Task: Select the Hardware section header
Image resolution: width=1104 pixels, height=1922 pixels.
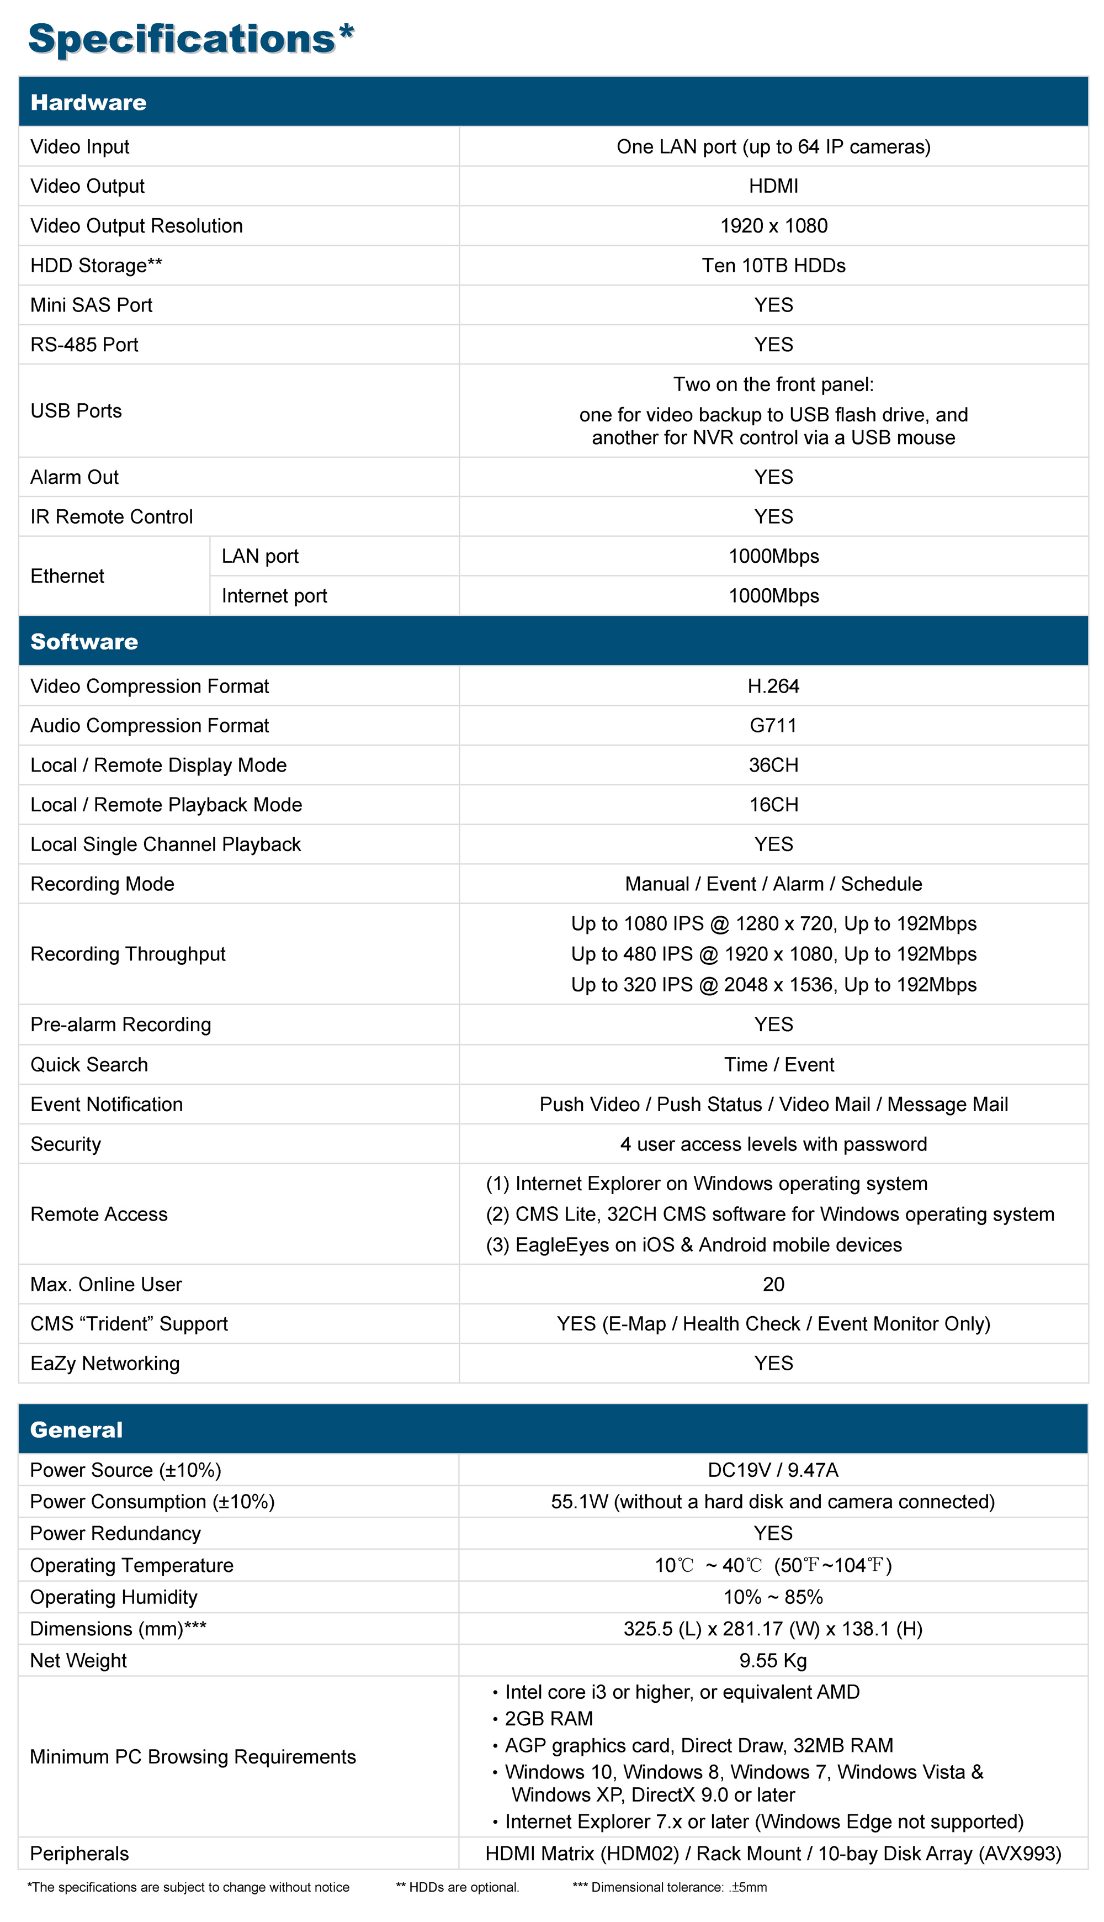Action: tap(89, 102)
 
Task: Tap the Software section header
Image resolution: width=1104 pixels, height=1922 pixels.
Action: tap(84, 642)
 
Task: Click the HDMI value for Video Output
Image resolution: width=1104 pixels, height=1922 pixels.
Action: tap(773, 187)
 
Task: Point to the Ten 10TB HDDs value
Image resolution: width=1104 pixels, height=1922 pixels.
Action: tap(773, 266)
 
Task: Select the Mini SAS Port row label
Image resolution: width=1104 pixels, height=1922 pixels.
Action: tap(91, 305)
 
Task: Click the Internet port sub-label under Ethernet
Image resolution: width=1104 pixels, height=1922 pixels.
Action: tap(274, 596)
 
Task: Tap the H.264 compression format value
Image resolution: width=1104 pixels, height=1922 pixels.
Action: tap(773, 687)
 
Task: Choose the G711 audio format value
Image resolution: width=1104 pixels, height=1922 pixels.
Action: tap(773, 726)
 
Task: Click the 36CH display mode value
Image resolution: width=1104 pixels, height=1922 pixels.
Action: tap(773, 765)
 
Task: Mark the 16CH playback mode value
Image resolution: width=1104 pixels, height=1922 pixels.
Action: tap(773, 805)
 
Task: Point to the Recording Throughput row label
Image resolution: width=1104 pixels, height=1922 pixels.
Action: tap(128, 954)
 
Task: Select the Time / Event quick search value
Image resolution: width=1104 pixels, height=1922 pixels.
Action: tap(779, 1065)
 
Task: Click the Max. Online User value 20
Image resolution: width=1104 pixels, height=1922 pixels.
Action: tap(773, 1284)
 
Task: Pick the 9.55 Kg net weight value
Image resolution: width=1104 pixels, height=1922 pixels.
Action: tap(773, 1661)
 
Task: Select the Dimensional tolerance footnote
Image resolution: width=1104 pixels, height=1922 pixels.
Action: tap(670, 1887)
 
